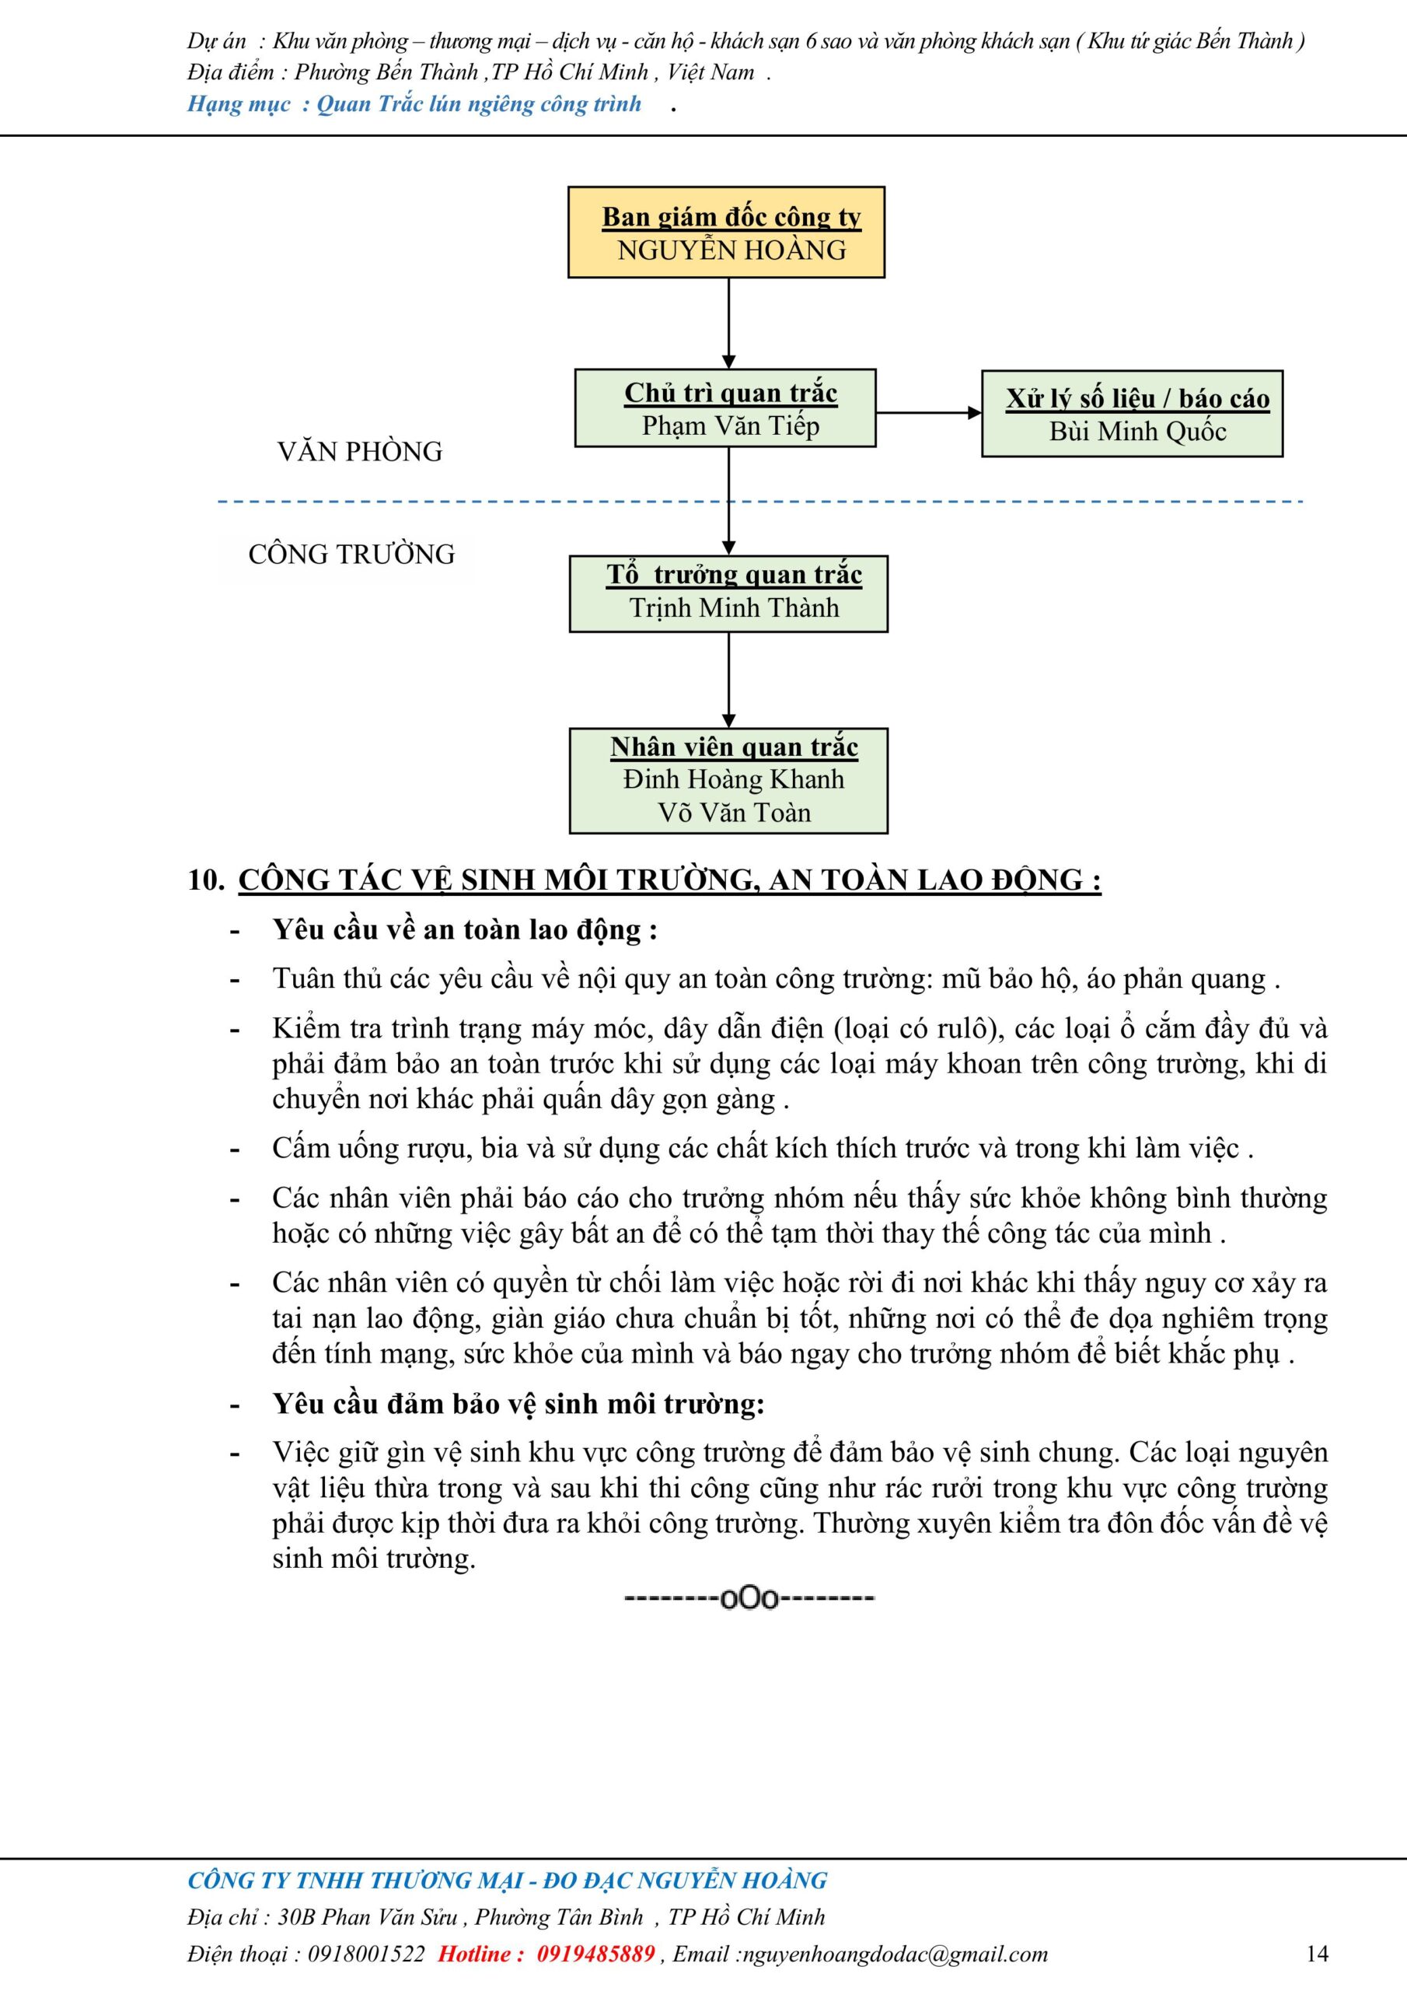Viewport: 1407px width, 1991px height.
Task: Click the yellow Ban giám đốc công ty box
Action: pos(727,233)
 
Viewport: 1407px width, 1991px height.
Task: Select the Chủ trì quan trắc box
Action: pos(725,408)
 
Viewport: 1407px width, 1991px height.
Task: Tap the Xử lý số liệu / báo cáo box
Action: pos(1132,415)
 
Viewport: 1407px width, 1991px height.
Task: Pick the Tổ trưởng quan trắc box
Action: pos(728,594)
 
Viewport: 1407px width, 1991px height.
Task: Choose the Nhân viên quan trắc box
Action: pos(728,780)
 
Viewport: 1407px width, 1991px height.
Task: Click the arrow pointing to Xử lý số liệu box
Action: pos(928,413)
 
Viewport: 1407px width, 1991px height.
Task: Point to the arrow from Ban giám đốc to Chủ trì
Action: pos(729,323)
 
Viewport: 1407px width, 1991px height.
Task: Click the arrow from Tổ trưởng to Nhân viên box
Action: pos(729,680)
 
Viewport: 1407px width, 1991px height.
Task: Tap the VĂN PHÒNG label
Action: pos(360,452)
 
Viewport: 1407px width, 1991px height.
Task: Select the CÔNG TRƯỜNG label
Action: pos(351,554)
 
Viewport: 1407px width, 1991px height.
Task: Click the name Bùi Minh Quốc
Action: pos(1137,431)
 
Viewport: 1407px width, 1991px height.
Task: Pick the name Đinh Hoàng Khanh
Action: pos(733,779)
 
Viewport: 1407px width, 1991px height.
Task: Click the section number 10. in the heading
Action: pos(206,880)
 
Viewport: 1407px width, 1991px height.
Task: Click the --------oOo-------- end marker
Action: pos(750,1597)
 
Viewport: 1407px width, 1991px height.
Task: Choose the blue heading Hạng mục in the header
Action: pos(239,105)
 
